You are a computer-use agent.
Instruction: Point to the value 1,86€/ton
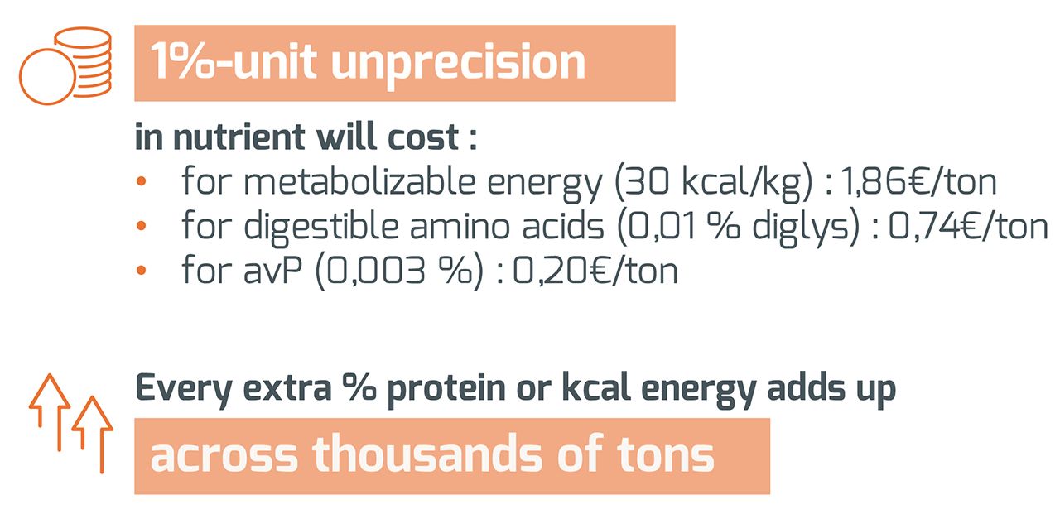918,183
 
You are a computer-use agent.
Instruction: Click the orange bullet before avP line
142,271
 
